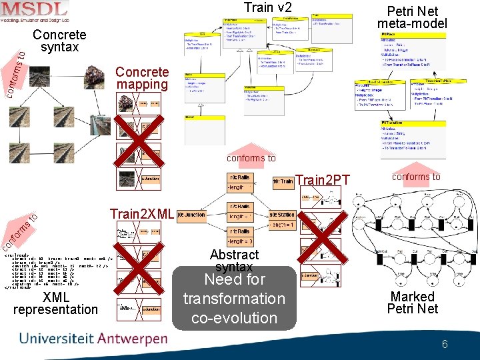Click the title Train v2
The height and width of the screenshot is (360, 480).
coord(267,8)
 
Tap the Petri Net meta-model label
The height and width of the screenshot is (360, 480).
coord(412,17)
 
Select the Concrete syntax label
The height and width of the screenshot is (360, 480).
coord(59,41)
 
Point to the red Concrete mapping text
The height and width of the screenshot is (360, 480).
coord(142,78)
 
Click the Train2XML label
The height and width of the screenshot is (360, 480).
coord(142,214)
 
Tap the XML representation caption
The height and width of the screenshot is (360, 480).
coord(55,303)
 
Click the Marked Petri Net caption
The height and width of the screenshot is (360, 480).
coord(413,302)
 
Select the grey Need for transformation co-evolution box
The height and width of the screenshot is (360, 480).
coord(234,298)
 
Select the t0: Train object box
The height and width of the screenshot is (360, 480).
coord(283,181)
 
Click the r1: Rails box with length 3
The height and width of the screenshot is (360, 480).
coord(241,237)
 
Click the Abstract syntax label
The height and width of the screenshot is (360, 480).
coord(234,260)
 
